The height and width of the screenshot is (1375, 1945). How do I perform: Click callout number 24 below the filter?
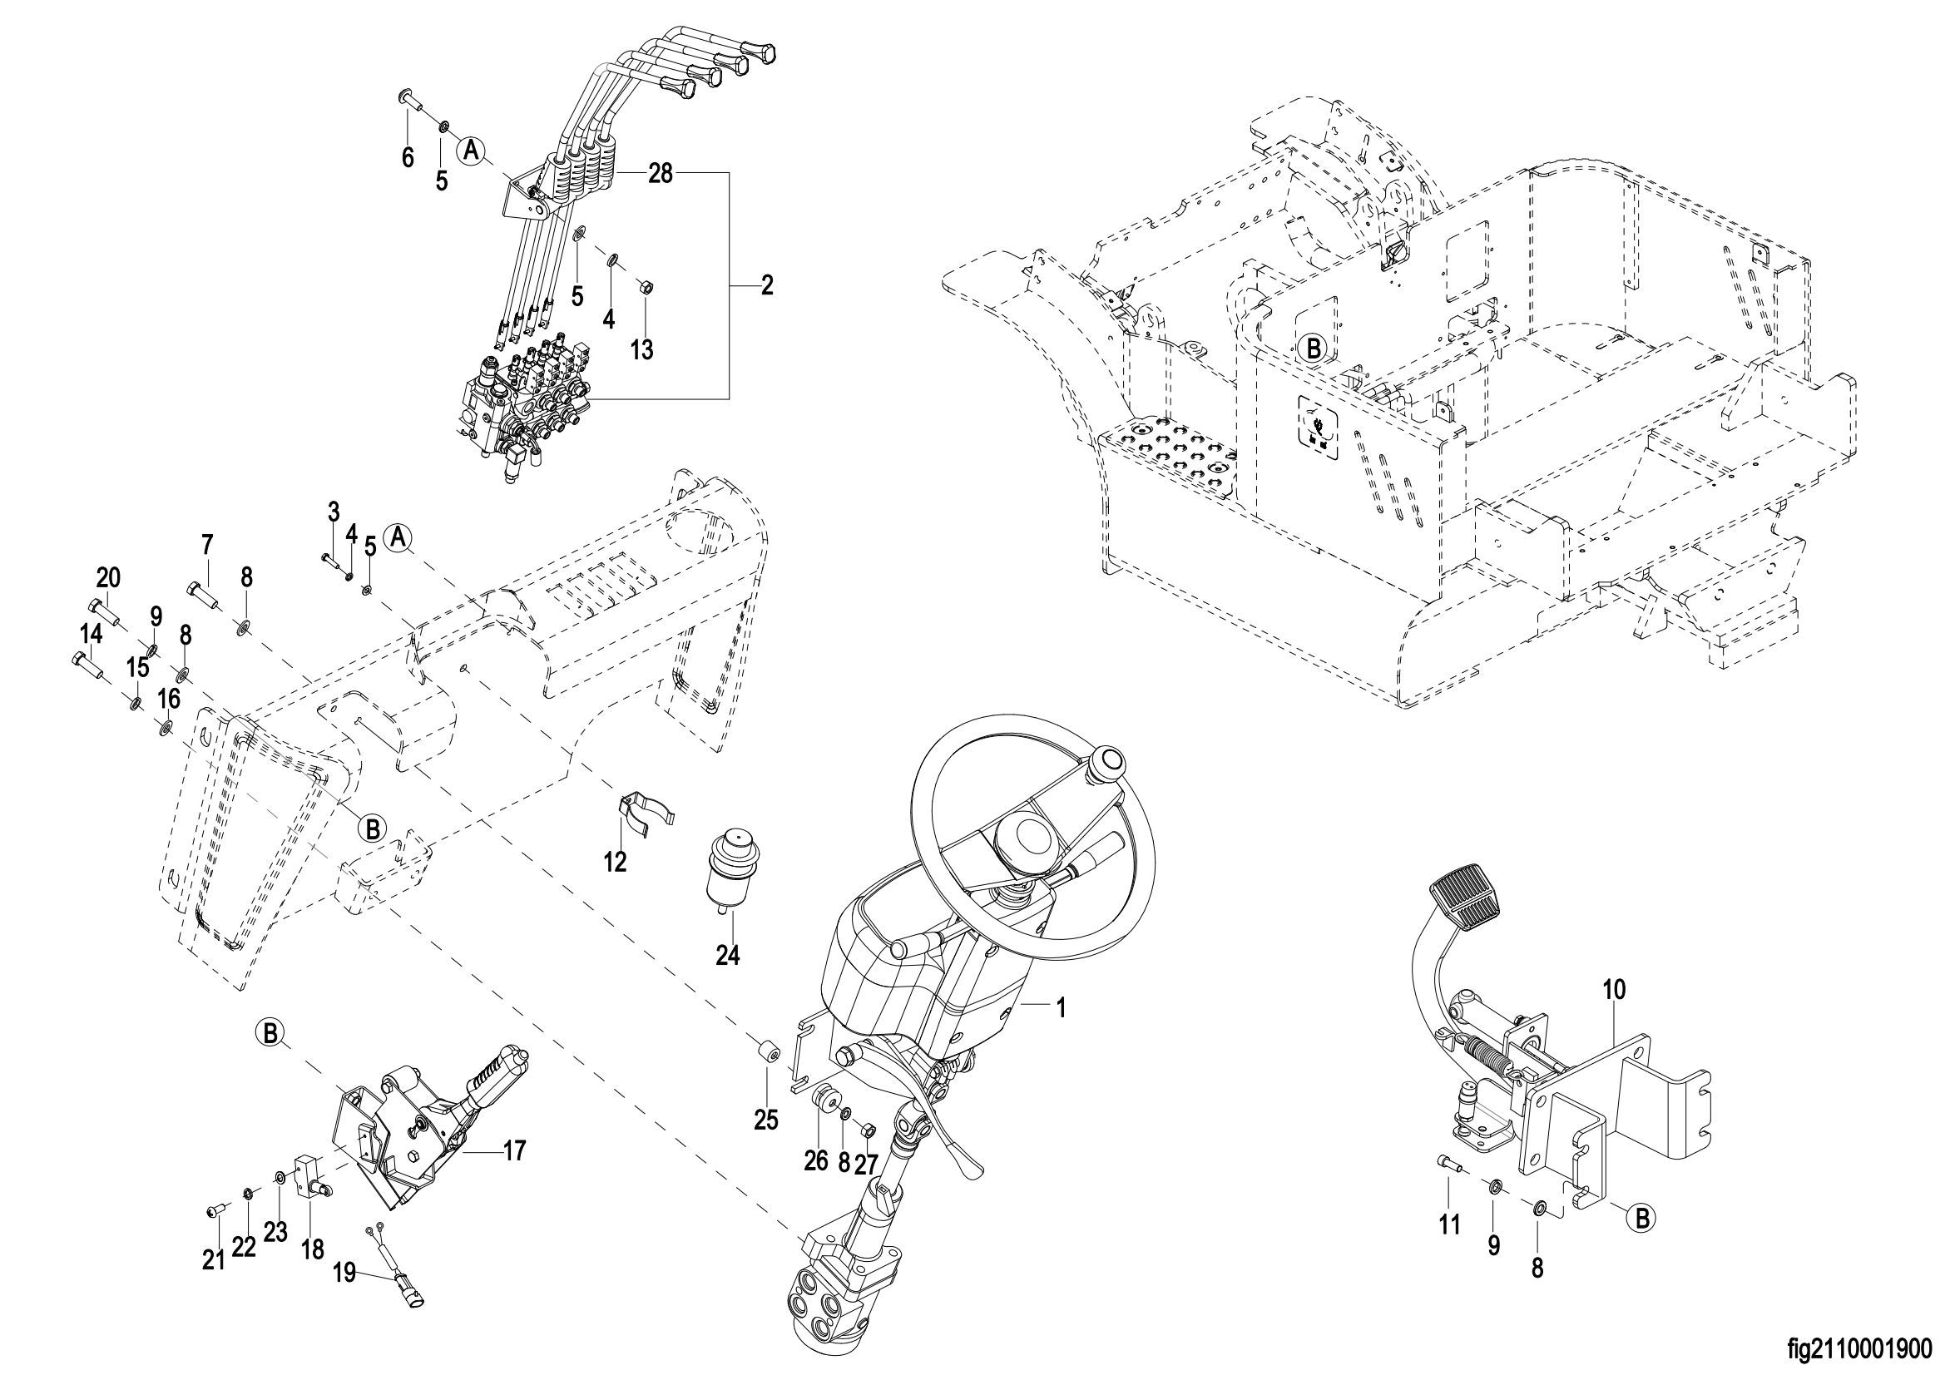[728, 956]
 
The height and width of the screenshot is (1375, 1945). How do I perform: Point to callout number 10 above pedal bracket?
[1615, 991]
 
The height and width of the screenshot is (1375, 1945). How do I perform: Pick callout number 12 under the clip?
[615, 863]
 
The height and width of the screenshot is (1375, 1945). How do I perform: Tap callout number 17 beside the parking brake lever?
[514, 1150]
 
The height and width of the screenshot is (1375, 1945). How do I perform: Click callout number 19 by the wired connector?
[344, 1274]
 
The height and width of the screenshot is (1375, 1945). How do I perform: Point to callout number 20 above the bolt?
[108, 578]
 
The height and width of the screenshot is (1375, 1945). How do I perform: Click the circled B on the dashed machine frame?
[1312, 348]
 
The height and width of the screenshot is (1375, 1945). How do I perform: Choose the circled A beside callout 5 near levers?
[472, 151]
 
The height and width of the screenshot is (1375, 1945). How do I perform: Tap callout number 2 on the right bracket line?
[767, 284]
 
